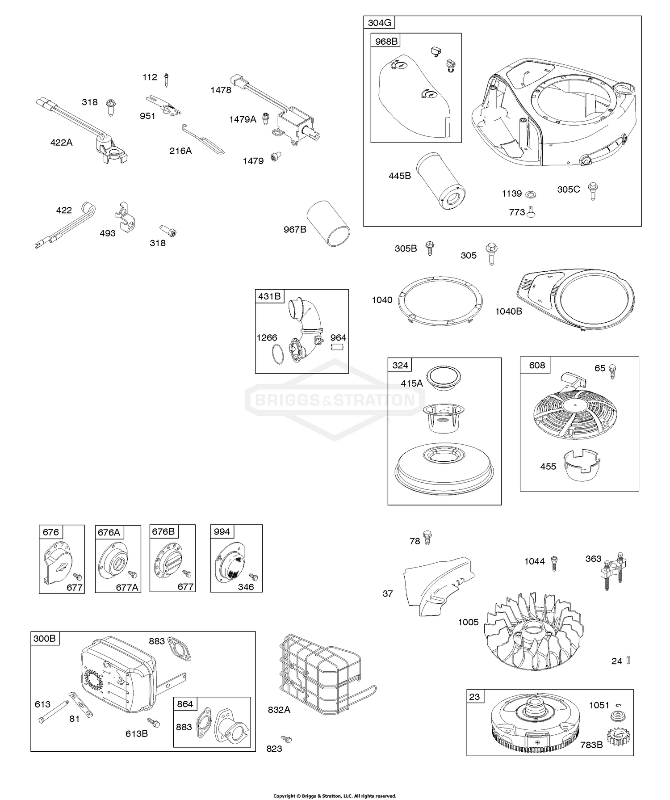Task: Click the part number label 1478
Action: [x=221, y=90]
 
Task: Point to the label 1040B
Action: [x=508, y=312]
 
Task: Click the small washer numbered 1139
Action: [x=531, y=194]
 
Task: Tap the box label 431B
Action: [x=270, y=296]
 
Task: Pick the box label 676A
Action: [x=109, y=532]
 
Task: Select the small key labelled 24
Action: [x=628, y=660]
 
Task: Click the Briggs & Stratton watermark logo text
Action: [x=335, y=400]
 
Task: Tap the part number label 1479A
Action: [x=243, y=119]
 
